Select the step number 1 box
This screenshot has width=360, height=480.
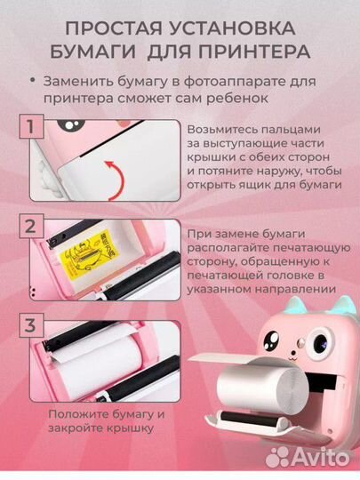32,126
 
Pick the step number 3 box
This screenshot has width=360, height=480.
32,325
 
